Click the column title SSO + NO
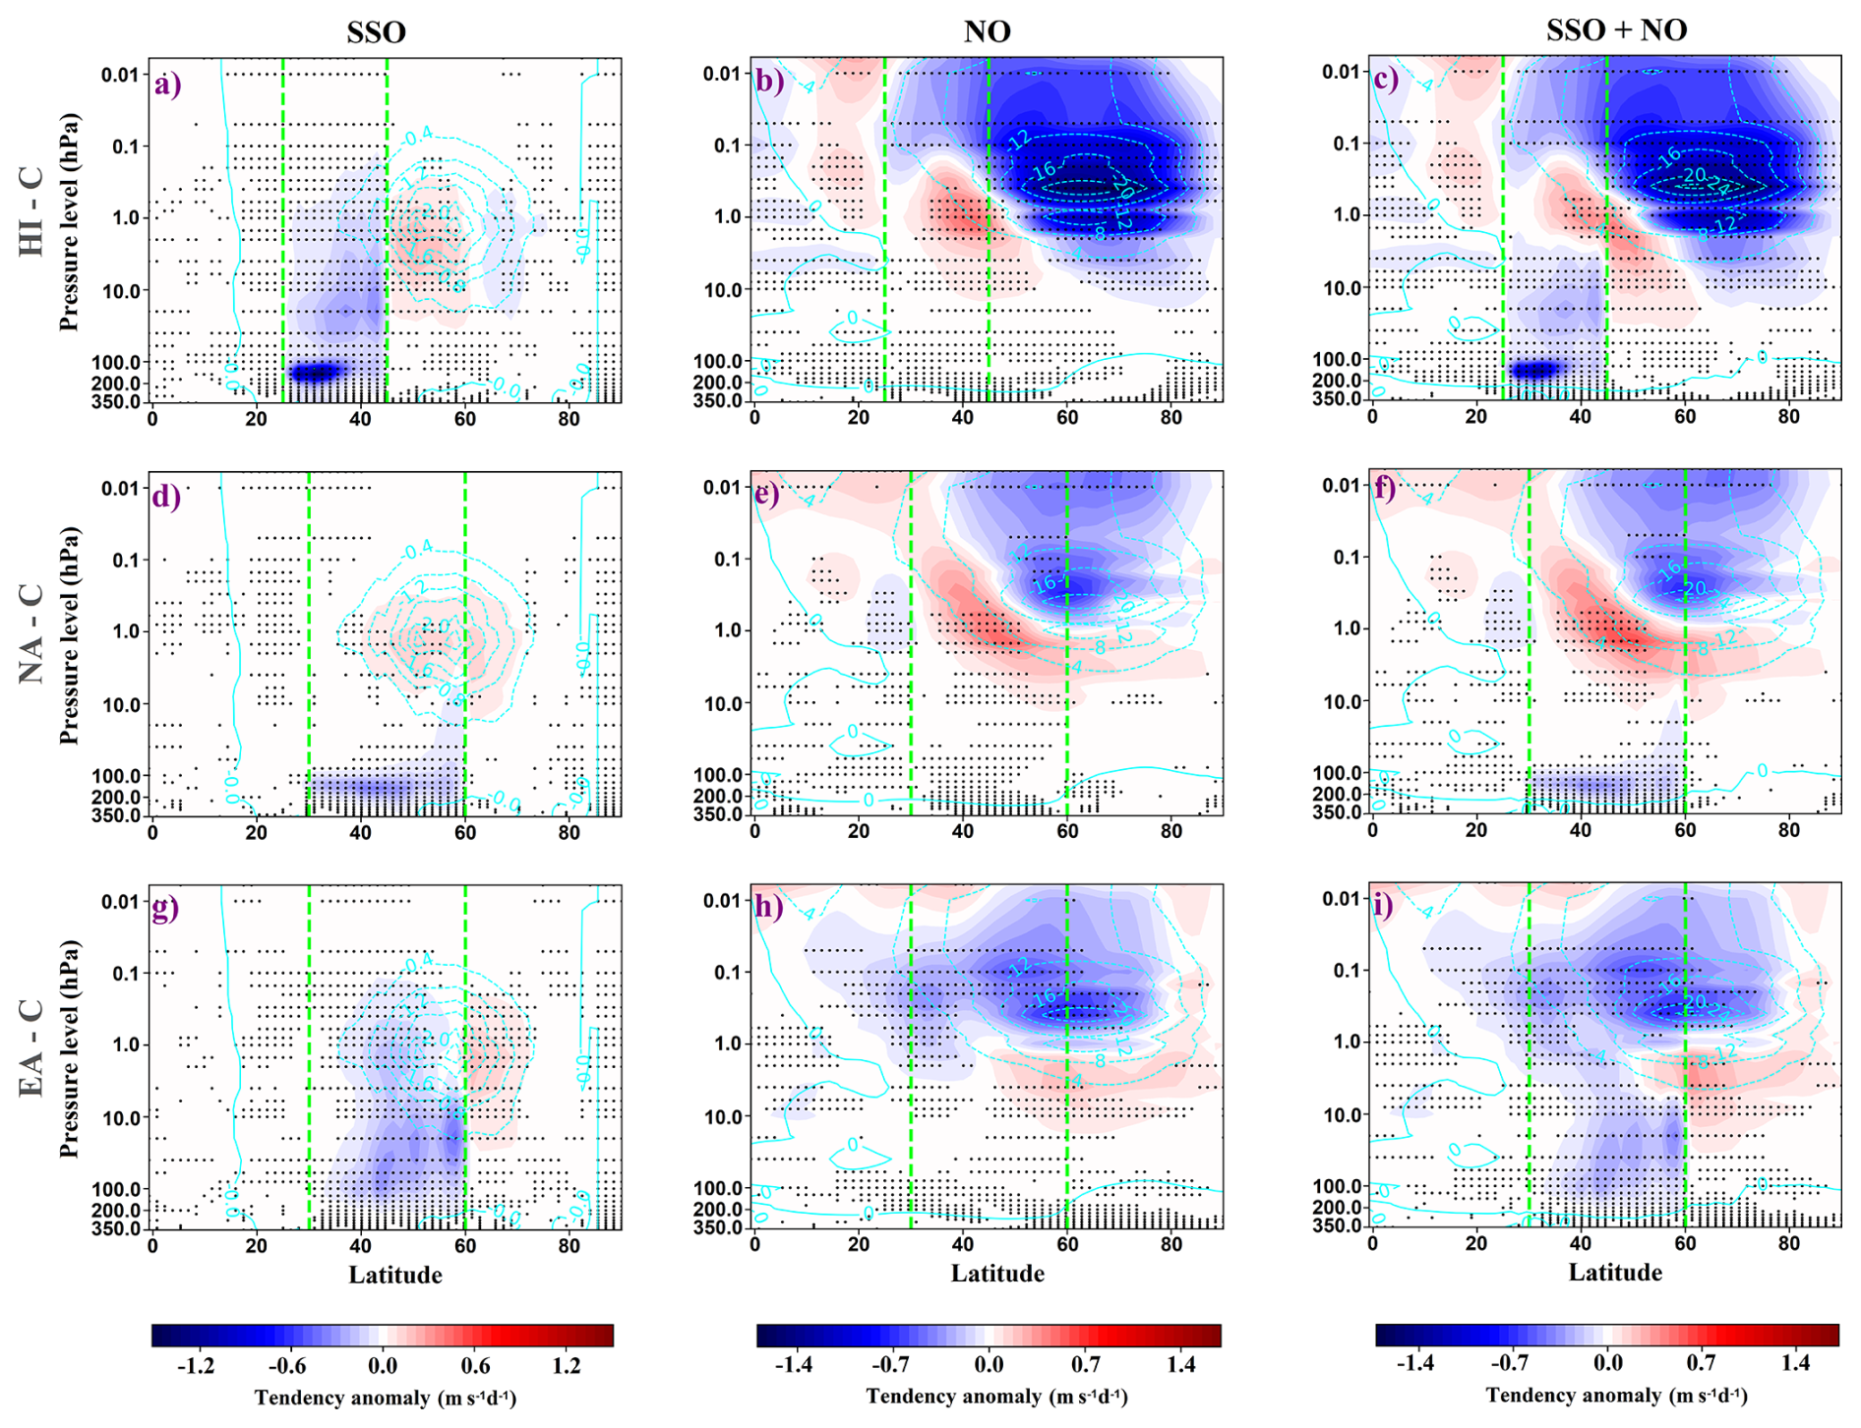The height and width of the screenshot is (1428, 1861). click(x=1615, y=30)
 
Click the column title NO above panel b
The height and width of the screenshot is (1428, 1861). click(x=987, y=31)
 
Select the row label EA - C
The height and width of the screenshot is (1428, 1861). click(x=31, y=1048)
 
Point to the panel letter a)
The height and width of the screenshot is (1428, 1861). click(x=167, y=85)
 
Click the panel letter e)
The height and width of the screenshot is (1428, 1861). click(x=766, y=493)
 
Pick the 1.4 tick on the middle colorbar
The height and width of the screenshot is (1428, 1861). click(x=1181, y=1364)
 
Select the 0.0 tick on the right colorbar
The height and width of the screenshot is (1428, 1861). click(x=1607, y=1364)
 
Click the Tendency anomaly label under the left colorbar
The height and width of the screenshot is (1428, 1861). click(x=385, y=1398)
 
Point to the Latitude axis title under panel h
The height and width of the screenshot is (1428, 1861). click(x=996, y=1274)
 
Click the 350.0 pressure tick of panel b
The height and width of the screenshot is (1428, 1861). click(x=722, y=401)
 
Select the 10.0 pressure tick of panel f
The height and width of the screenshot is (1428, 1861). click(x=1340, y=702)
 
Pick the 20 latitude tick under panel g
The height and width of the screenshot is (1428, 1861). click(x=256, y=1245)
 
